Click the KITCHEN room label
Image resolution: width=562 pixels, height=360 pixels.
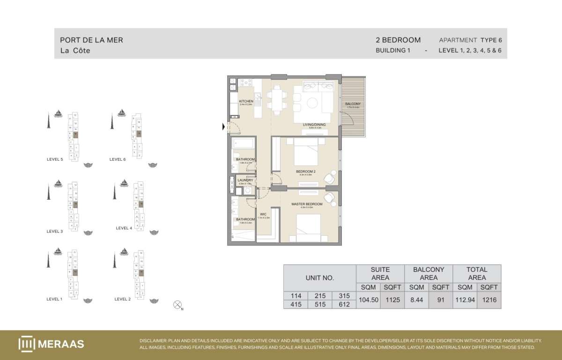[x=246, y=101]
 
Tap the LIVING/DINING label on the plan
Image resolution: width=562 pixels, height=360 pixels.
[x=314, y=125]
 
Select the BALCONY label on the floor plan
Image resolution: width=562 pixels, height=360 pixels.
[x=353, y=104]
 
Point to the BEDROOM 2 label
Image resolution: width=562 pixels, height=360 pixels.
[x=306, y=172]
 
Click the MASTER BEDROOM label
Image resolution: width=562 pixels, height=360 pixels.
[x=307, y=204]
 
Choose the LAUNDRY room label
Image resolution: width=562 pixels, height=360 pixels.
[x=245, y=180]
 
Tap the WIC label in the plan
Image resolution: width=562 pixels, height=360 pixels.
[x=264, y=214]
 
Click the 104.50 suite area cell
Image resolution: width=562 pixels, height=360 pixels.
[x=368, y=300]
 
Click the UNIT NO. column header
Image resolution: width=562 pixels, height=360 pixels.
[x=319, y=277]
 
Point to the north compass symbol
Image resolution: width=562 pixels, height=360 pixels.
[x=177, y=305]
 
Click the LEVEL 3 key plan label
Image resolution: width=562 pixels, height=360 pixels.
[x=55, y=231]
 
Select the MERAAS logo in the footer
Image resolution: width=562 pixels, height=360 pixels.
[x=51, y=344]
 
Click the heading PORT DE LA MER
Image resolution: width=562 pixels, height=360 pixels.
[x=92, y=40]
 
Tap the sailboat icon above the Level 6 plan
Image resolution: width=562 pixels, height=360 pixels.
[x=121, y=112]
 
